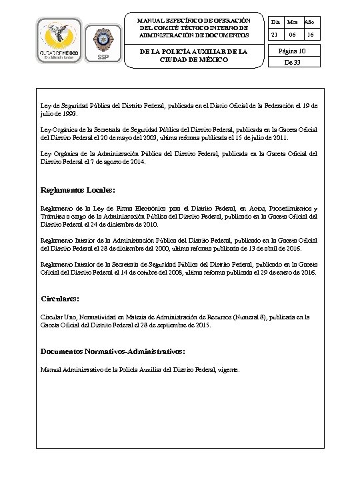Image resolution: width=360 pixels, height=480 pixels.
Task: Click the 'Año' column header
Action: click(x=309, y=23)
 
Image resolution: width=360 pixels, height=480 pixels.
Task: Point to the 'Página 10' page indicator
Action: click(x=291, y=51)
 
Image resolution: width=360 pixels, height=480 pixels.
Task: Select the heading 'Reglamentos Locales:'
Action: click(x=78, y=189)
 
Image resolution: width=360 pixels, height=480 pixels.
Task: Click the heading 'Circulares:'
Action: click(x=60, y=299)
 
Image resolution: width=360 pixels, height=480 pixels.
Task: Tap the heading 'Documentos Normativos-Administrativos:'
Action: click(x=113, y=351)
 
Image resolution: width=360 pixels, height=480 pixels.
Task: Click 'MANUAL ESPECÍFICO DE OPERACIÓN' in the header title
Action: click(x=193, y=21)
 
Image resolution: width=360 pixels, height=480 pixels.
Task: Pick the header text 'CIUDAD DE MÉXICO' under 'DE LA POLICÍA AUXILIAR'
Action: click(x=193, y=59)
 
